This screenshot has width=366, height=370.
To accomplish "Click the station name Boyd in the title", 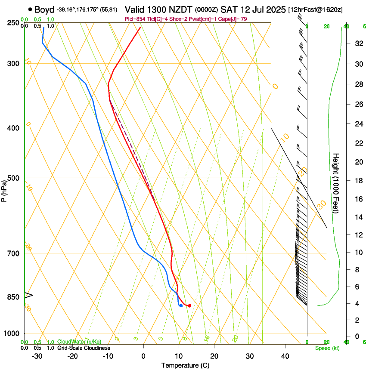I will tap(45, 9).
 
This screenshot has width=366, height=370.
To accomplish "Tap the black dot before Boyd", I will tap(30, 9).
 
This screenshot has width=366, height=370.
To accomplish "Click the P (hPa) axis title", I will tap(4, 189).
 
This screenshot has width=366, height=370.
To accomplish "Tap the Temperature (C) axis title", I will tap(185, 365).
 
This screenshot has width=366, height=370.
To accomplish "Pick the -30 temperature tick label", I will tap(37, 356).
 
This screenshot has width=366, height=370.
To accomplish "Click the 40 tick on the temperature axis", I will tap(285, 356).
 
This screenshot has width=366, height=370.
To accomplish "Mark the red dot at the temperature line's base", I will tap(189, 305).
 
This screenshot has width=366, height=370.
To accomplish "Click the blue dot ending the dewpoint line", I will tap(181, 306).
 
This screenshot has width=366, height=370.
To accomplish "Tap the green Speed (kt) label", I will tap(327, 348).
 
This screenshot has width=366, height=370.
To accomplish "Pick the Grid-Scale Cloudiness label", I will tap(84, 348).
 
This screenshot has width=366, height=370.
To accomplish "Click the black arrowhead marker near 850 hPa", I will tap(28, 295).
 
